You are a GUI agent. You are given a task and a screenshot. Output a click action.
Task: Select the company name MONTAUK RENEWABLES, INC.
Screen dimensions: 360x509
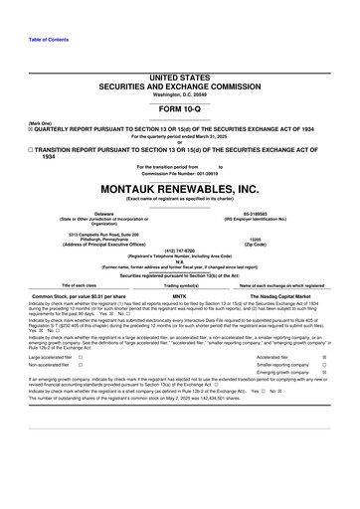click(180, 188)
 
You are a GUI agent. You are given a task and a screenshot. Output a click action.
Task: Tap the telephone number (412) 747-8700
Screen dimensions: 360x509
click(180, 251)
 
